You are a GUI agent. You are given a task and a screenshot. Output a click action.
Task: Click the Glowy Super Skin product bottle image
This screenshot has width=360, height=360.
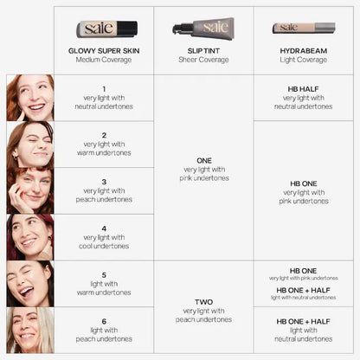[x=103, y=28]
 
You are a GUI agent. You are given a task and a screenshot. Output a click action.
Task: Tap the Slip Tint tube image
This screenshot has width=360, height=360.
[x=202, y=28]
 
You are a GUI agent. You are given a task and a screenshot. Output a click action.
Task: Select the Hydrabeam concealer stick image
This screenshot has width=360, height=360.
[x=304, y=28]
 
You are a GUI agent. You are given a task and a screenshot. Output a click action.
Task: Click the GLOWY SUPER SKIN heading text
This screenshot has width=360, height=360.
[x=103, y=51]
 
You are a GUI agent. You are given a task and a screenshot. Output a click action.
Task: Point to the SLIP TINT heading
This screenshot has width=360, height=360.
[x=203, y=51]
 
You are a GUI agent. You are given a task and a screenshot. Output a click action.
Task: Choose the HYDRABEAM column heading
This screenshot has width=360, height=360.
[x=303, y=51]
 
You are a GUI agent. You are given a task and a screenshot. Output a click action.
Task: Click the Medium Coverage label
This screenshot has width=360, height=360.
[x=103, y=61]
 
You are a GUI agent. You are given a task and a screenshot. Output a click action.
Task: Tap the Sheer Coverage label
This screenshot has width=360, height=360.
[x=203, y=61]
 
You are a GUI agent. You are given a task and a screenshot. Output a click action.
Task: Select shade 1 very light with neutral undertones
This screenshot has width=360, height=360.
[x=103, y=98]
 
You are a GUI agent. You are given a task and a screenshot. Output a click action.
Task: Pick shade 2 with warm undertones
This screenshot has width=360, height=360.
[x=103, y=144]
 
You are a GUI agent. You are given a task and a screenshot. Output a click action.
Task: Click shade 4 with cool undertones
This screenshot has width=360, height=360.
[x=103, y=237]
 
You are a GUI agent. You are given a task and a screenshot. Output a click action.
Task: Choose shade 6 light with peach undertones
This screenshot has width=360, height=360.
[x=103, y=330]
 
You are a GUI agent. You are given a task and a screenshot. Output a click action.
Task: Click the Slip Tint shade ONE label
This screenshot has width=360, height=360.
[x=203, y=168]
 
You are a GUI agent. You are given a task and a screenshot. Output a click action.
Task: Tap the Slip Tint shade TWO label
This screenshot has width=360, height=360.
[x=203, y=308]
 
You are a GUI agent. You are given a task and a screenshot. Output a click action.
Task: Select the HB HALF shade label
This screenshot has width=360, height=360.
[x=303, y=97]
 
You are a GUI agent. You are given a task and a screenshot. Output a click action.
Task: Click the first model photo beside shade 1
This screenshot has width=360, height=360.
[x=29, y=98]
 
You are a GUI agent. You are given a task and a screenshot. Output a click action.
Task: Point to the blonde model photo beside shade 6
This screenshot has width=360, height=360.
[x=29, y=330]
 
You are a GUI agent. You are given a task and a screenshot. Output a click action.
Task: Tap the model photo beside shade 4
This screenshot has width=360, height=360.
[x=29, y=237]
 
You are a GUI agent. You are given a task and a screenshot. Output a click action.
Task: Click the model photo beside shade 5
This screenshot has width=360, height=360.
[x=29, y=284]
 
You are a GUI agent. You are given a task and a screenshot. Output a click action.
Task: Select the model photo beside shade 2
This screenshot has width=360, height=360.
[x=29, y=144]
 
